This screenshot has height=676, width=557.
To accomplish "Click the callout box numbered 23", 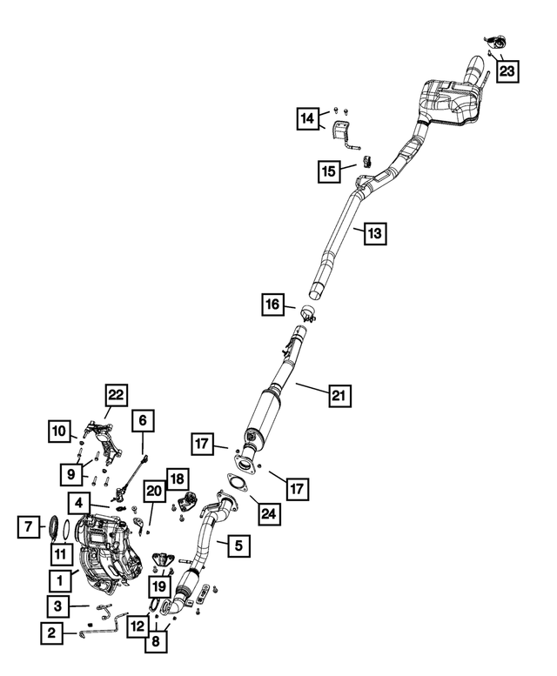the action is click(x=507, y=71).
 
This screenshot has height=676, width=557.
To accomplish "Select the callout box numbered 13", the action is click(x=374, y=233).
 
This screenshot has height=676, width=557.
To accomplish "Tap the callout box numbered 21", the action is click(x=339, y=395).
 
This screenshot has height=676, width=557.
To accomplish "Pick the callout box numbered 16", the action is click(x=272, y=305).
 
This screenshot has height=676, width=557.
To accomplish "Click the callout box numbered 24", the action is click(x=269, y=513).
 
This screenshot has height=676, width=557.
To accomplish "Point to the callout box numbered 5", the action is click(x=238, y=545).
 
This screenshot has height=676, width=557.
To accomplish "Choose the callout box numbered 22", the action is click(x=116, y=395).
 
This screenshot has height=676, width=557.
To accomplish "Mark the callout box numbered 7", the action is click(x=29, y=527).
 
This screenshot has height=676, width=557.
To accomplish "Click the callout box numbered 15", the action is click(x=328, y=171).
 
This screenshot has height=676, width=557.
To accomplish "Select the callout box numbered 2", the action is click(x=51, y=633).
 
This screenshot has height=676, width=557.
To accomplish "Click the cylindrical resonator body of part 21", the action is click(x=264, y=412).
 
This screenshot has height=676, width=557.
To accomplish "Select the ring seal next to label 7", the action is click(x=54, y=527).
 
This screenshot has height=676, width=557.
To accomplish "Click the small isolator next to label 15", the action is click(x=367, y=161).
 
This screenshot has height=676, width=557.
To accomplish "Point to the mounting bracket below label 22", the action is click(x=104, y=444).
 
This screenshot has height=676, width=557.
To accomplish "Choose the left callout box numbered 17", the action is click(x=202, y=444).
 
